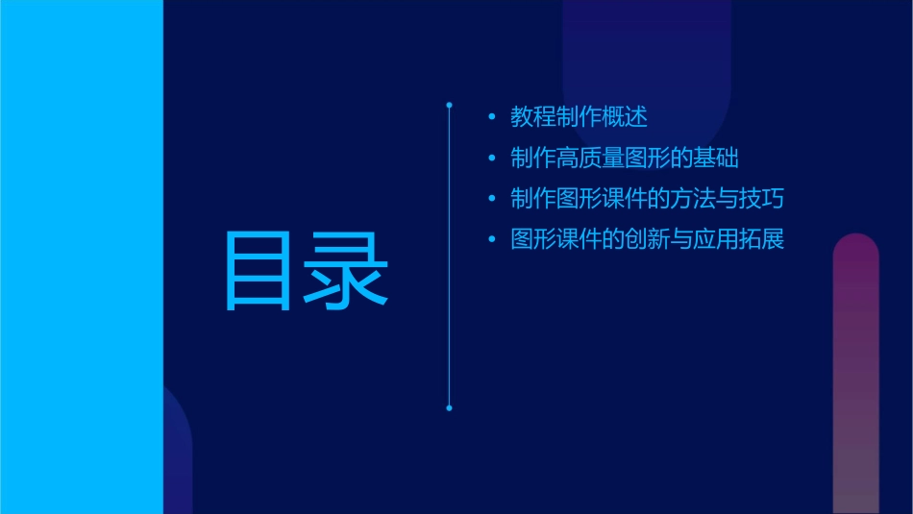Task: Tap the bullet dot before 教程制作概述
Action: (x=492, y=118)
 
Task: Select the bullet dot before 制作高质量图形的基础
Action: (x=492, y=159)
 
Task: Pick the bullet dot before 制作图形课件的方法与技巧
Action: (x=492, y=200)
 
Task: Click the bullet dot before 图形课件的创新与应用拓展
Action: (x=492, y=239)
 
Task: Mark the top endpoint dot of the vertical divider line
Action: (x=449, y=103)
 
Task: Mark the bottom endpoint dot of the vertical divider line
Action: (x=449, y=407)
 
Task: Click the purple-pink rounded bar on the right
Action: (x=855, y=375)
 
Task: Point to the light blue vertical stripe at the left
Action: (x=81, y=257)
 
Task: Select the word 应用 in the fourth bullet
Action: (x=717, y=239)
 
